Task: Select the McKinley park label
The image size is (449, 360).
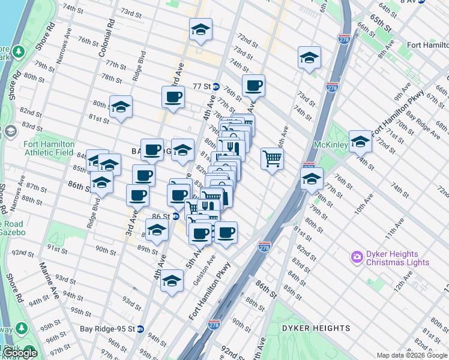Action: [x=330, y=145]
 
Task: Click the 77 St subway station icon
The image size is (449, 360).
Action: [x=215, y=86]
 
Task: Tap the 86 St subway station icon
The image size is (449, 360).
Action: [x=175, y=216]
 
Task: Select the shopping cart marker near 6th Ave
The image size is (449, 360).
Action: [x=272, y=159]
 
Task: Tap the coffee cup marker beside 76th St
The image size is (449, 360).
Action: [x=253, y=86]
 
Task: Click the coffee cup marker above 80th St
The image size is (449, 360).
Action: [x=173, y=97]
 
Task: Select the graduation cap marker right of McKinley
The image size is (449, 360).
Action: [x=360, y=142]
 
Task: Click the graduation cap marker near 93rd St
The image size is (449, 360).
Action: [x=172, y=281]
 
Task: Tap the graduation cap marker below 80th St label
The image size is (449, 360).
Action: [x=121, y=107]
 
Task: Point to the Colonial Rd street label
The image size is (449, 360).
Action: [x=109, y=37]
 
